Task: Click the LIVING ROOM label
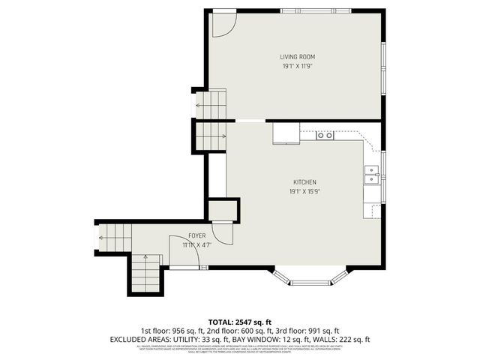[x=296, y=57]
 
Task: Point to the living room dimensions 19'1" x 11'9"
[x=296, y=67]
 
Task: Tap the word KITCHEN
[x=304, y=182]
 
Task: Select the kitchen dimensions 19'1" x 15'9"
[x=304, y=192]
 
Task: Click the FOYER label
[x=197, y=235]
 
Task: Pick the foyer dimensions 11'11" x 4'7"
[x=197, y=244]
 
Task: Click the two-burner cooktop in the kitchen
[x=325, y=135]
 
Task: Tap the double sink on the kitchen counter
[x=371, y=175]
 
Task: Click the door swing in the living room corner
[x=220, y=24]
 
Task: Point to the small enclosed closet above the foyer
[x=223, y=210]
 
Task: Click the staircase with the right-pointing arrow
[x=211, y=136]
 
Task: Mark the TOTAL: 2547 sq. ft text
[x=239, y=320]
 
